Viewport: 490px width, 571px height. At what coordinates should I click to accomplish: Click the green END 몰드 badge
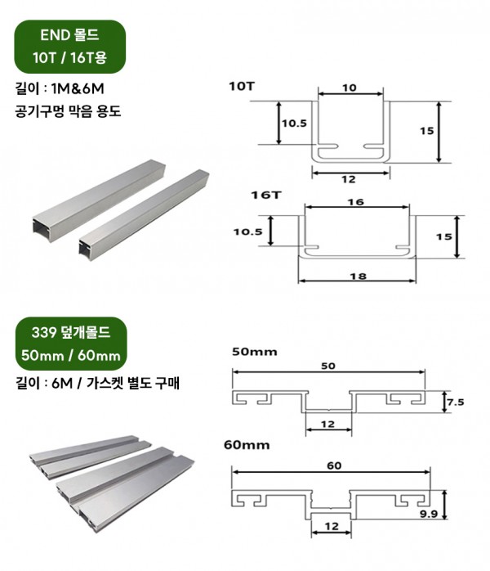[69, 47]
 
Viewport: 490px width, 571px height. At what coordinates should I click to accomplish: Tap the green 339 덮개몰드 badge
[71, 344]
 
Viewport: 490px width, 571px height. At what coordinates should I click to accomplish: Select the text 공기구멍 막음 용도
[68, 111]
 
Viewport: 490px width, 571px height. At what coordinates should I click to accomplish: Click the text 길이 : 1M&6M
[60, 88]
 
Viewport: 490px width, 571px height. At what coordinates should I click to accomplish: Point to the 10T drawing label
[242, 87]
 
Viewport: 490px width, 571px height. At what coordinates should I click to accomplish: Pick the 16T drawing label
[266, 195]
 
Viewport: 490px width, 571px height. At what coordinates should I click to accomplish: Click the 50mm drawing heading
[255, 352]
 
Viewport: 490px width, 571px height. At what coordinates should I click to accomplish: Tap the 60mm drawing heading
[247, 445]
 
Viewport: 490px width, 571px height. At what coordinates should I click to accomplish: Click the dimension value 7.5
[456, 402]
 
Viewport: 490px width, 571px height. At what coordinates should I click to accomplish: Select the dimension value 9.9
[429, 514]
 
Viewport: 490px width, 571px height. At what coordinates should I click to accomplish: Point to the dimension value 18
[358, 277]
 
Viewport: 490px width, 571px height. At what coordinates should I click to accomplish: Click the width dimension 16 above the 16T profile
[356, 202]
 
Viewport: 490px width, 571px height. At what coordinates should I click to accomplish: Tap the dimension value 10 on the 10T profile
[350, 88]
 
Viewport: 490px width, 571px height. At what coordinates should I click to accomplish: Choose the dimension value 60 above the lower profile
[334, 465]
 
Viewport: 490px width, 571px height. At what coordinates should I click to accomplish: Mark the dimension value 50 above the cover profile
[328, 366]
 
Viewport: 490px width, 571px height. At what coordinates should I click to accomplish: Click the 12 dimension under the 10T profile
[349, 179]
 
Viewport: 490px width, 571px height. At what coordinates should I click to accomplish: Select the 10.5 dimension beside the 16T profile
[248, 232]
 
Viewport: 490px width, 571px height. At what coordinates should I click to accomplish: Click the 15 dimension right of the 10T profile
[427, 130]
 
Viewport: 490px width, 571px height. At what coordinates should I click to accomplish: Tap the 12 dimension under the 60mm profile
[332, 526]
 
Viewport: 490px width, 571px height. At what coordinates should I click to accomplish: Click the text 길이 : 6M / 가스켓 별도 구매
[97, 383]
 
